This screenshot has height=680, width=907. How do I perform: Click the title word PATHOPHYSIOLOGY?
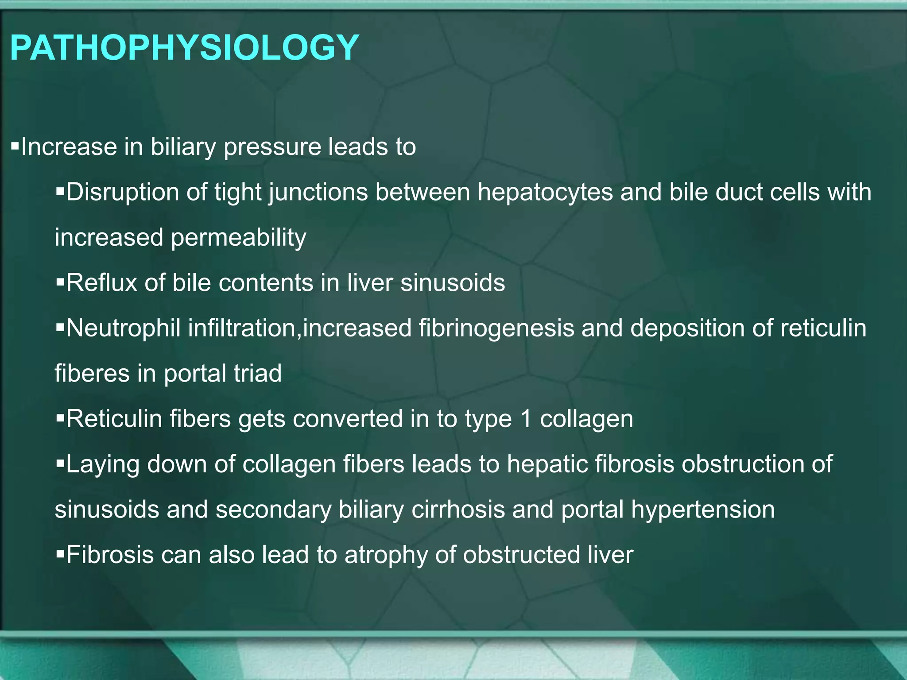coord(184,48)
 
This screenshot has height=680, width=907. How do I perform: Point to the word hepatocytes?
coord(545,193)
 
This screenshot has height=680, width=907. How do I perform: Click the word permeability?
coord(238,238)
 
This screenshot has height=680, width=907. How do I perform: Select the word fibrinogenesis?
coord(496,328)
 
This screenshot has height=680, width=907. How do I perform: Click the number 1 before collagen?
coord(526,419)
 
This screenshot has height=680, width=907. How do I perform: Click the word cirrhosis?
coord(458,510)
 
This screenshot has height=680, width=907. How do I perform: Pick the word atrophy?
coord(386,555)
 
